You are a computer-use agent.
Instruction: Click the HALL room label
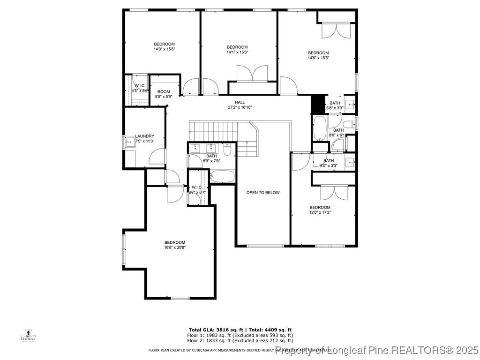click(240, 102)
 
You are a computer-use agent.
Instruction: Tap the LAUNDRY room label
click(144, 136)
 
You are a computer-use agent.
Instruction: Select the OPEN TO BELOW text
click(263, 193)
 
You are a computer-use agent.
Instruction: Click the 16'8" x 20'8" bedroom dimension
click(175, 247)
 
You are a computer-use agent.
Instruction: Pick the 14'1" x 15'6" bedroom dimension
click(237, 52)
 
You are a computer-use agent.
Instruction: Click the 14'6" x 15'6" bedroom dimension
click(318, 58)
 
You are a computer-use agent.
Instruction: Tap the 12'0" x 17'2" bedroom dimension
click(320, 212)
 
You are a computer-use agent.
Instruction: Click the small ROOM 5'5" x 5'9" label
click(164, 97)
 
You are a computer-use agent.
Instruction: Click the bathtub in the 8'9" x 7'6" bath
click(222, 176)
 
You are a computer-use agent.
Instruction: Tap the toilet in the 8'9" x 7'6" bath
click(227, 150)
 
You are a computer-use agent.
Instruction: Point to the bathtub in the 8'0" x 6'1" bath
click(320, 128)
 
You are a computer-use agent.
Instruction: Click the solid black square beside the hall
click(317, 104)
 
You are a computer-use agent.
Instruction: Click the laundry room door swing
click(157, 157)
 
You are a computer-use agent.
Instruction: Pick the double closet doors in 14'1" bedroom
click(252, 74)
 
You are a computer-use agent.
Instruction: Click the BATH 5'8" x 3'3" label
click(335, 105)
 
